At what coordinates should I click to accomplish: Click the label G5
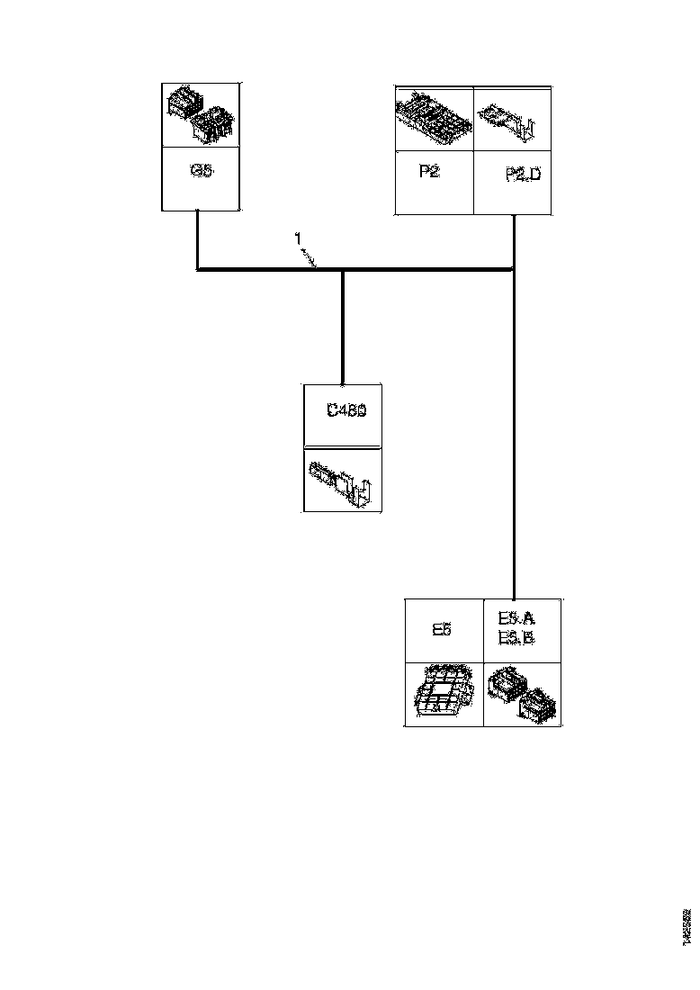[x=202, y=170]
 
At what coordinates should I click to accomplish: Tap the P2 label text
[x=429, y=172]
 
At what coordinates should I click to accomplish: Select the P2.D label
[x=523, y=175]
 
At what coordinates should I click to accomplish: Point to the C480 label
[x=346, y=411]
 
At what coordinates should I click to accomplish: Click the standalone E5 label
[x=441, y=630]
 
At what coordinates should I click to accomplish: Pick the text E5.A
[x=516, y=618]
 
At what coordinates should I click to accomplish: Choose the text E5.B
[x=516, y=638]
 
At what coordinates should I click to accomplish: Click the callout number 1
[x=298, y=238]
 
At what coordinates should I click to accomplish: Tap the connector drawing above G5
[x=199, y=115]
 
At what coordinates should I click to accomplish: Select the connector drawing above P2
[x=434, y=117]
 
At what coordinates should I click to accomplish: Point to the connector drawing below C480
[x=343, y=481]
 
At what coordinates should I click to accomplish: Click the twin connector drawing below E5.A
[x=522, y=694]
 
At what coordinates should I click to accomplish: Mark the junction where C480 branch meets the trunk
[x=343, y=269]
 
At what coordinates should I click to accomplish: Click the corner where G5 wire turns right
[x=198, y=269]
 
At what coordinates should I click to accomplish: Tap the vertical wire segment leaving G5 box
[x=198, y=238]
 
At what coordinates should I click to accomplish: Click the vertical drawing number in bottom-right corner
[x=687, y=925]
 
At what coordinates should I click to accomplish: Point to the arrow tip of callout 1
[x=317, y=266]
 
